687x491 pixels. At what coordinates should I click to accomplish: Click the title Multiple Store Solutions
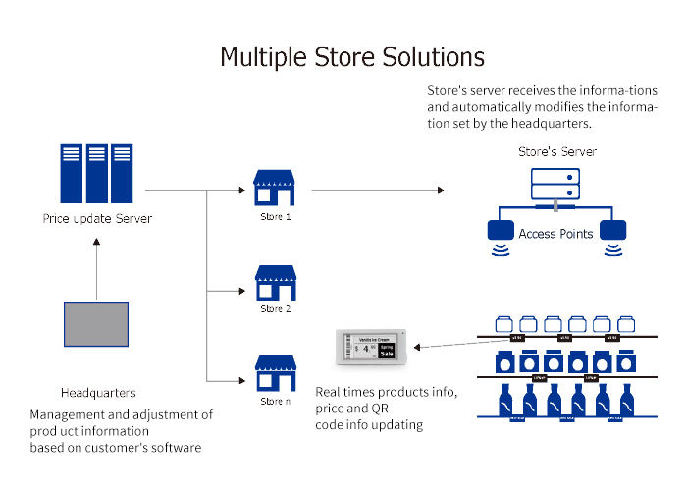point(352,55)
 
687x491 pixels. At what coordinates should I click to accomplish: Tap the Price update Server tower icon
point(95,172)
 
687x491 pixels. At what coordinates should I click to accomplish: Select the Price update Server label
point(97,218)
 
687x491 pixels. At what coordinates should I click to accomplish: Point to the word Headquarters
point(98,392)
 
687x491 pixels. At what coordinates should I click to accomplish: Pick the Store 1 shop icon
point(275,188)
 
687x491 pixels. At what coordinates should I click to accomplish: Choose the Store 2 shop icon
point(275,283)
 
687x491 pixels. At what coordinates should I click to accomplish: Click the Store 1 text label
point(276,216)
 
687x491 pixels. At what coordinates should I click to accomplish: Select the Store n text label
point(276,404)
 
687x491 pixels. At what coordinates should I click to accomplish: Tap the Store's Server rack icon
point(555,184)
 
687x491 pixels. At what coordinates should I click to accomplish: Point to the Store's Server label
point(557,152)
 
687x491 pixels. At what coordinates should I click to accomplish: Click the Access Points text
point(555,234)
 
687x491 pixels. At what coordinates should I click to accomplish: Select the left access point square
point(501,232)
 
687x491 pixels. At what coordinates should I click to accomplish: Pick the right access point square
point(613,232)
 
